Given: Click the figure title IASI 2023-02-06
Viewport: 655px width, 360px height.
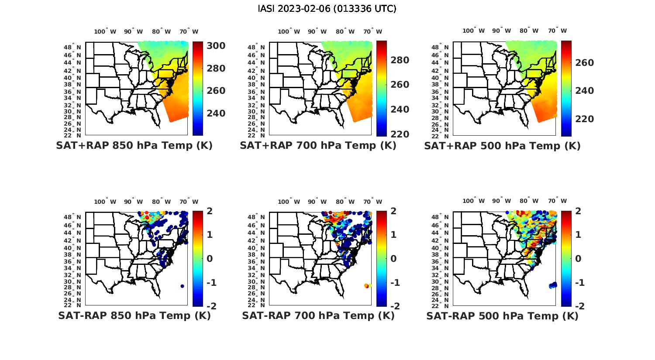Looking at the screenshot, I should pos(327,9).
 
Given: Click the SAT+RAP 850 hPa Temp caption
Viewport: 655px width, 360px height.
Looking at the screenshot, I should pos(134,146).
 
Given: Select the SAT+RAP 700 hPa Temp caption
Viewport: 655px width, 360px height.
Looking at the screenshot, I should pos(318,146).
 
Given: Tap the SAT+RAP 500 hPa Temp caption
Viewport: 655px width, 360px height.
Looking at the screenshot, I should pos(502,146).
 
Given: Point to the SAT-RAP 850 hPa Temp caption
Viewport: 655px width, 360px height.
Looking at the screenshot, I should pos(134,315).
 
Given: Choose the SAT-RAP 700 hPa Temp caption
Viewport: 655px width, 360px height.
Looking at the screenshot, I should pos(318,315).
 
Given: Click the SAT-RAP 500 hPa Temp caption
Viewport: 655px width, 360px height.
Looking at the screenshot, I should pos(502,315).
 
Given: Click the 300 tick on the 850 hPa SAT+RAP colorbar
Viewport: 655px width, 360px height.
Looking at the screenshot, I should pos(216,46).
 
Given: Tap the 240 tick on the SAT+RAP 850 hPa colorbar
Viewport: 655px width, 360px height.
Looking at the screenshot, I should pos(216,113).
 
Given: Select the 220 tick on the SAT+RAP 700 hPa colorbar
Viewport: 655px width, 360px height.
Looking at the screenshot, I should pos(400,134).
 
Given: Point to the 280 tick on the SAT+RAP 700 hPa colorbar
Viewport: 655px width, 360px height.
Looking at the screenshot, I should pos(400,60).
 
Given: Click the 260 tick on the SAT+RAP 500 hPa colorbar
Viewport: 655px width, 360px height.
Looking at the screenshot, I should pos(584,63).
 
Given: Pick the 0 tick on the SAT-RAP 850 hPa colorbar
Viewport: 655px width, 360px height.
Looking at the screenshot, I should pos(209,258).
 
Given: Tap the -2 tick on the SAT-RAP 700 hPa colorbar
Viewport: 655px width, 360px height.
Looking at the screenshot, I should pos(392,306).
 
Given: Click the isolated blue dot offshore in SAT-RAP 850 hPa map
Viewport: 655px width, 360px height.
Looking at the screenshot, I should pos(182,286).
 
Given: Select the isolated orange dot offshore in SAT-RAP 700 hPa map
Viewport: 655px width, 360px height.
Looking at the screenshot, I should pos(366,286).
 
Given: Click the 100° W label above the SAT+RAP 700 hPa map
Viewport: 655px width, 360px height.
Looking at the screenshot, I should pos(289,31).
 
